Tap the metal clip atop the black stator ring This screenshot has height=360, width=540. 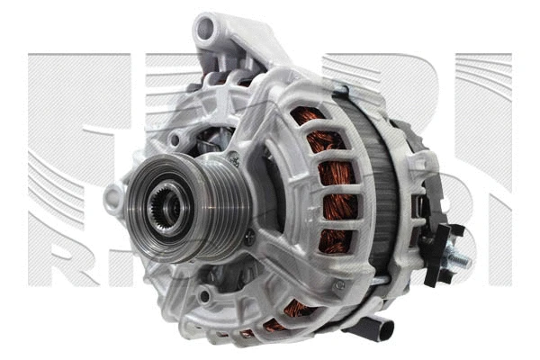[339, 91]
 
